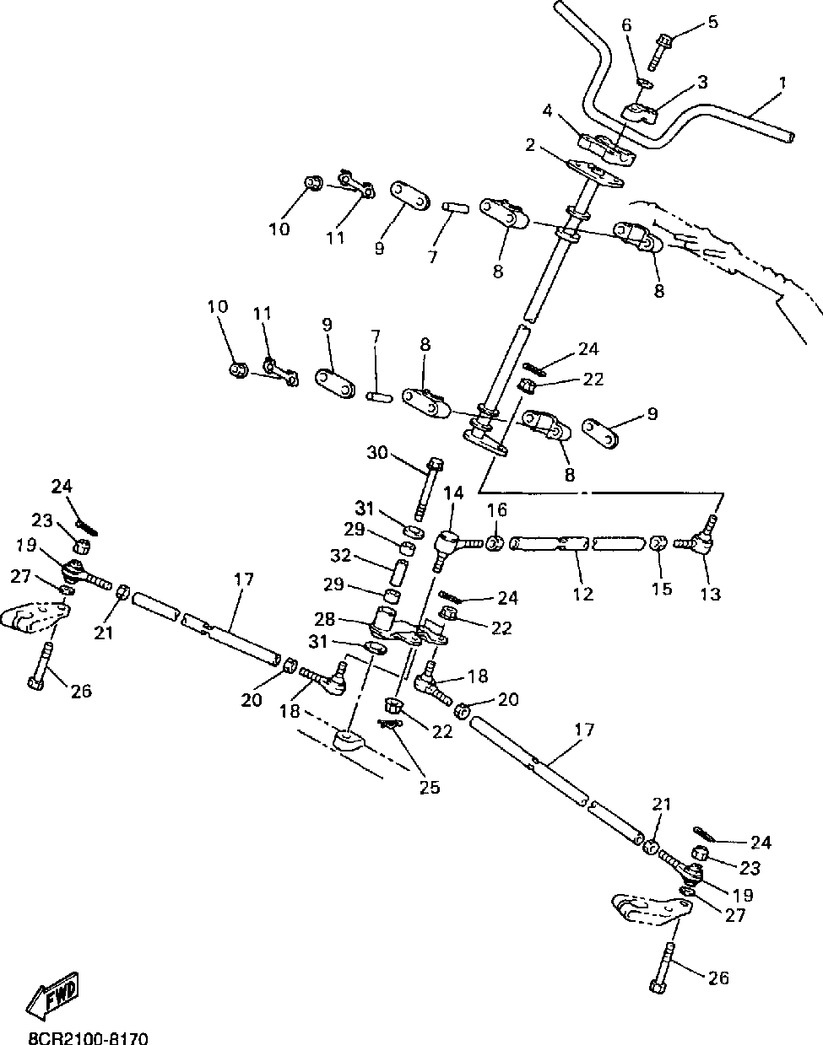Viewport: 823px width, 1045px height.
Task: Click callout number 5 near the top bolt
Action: click(x=712, y=21)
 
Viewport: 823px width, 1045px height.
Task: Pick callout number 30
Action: click(x=376, y=453)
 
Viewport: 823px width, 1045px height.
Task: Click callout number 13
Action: click(x=711, y=593)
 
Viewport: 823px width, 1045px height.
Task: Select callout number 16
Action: click(x=496, y=509)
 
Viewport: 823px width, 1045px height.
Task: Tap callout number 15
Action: click(x=663, y=588)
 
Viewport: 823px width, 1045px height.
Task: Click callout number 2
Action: click(x=529, y=145)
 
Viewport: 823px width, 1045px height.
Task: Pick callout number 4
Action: click(x=546, y=110)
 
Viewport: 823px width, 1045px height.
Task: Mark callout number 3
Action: click(x=701, y=82)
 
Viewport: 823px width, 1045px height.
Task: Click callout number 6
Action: click(x=625, y=25)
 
